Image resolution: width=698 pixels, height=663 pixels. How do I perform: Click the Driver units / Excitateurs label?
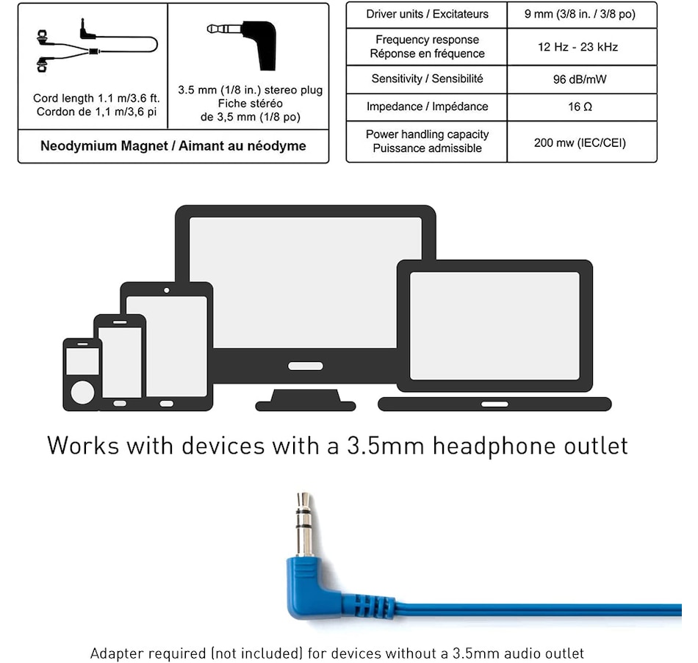(x=427, y=15)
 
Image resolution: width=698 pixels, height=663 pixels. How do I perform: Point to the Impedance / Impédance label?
(x=427, y=107)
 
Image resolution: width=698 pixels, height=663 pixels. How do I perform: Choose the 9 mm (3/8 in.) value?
(x=581, y=15)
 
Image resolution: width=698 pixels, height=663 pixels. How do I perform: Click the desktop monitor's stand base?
(x=306, y=402)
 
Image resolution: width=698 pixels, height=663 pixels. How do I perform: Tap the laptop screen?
(x=494, y=325)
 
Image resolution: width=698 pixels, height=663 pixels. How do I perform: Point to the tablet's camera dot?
(x=167, y=290)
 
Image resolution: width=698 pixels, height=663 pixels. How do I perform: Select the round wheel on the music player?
(x=82, y=391)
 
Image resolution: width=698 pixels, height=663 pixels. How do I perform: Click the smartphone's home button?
(x=120, y=403)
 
